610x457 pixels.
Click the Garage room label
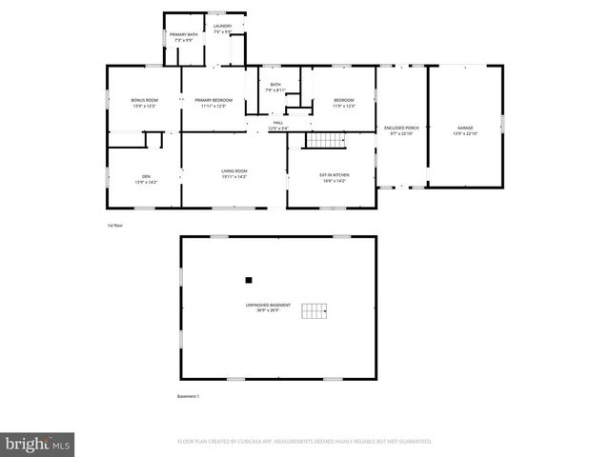(465, 128)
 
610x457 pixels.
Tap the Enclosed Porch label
(401, 128)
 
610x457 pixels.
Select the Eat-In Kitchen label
(334, 173)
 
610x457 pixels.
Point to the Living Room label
(234, 170)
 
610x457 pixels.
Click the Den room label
(147, 176)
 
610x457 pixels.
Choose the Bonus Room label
(143, 100)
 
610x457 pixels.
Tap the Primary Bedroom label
(213, 100)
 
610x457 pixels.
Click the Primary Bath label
(184, 35)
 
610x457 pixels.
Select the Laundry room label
(223, 27)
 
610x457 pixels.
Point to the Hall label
(278, 122)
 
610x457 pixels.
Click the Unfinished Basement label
(267, 305)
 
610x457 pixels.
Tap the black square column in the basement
(249, 280)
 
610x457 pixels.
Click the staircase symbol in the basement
(315, 311)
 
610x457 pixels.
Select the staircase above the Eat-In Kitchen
(324, 141)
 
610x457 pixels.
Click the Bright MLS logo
(38, 444)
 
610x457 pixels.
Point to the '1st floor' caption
(114, 225)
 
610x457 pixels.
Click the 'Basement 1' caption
(189, 396)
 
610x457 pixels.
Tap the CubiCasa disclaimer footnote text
(305, 442)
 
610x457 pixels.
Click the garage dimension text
(465, 133)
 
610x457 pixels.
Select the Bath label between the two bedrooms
(275, 85)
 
